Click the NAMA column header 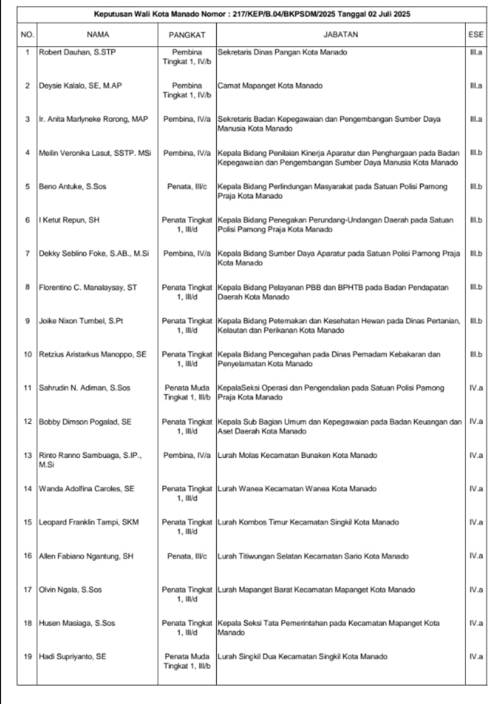coord(98,34)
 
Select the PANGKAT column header coord(187,35)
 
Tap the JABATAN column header coord(340,34)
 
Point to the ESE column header coord(476,34)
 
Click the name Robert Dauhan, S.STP coord(77,52)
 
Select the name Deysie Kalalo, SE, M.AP coord(80,86)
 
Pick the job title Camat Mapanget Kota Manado coord(270,86)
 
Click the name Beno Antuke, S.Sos coord(72,187)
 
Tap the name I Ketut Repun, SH coord(69,220)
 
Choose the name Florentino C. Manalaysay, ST coord(88,287)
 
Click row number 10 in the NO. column coord(28,355)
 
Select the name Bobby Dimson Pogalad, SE coord(85,422)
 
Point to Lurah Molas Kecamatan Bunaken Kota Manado coord(297,455)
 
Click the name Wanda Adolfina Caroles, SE coord(86,489)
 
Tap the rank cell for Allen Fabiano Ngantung coord(187,556)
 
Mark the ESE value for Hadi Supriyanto coord(476,657)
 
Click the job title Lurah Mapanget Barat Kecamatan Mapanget coord(316,590)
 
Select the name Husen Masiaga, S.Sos coord(77,623)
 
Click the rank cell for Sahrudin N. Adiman coord(187,393)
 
